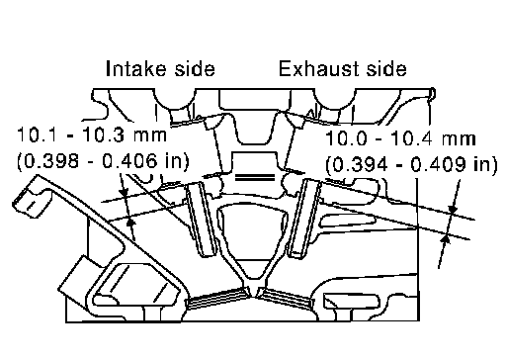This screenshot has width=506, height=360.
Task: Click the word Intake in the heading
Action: tap(136, 68)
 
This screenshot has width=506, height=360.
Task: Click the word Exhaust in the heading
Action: tap(314, 68)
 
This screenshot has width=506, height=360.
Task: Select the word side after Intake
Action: tap(195, 68)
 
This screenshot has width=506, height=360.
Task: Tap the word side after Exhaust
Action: tap(386, 68)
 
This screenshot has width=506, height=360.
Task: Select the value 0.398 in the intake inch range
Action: tap(51, 161)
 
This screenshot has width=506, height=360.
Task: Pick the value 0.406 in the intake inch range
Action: tap(129, 161)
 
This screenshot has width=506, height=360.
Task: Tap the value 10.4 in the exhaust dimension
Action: tap(412, 138)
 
